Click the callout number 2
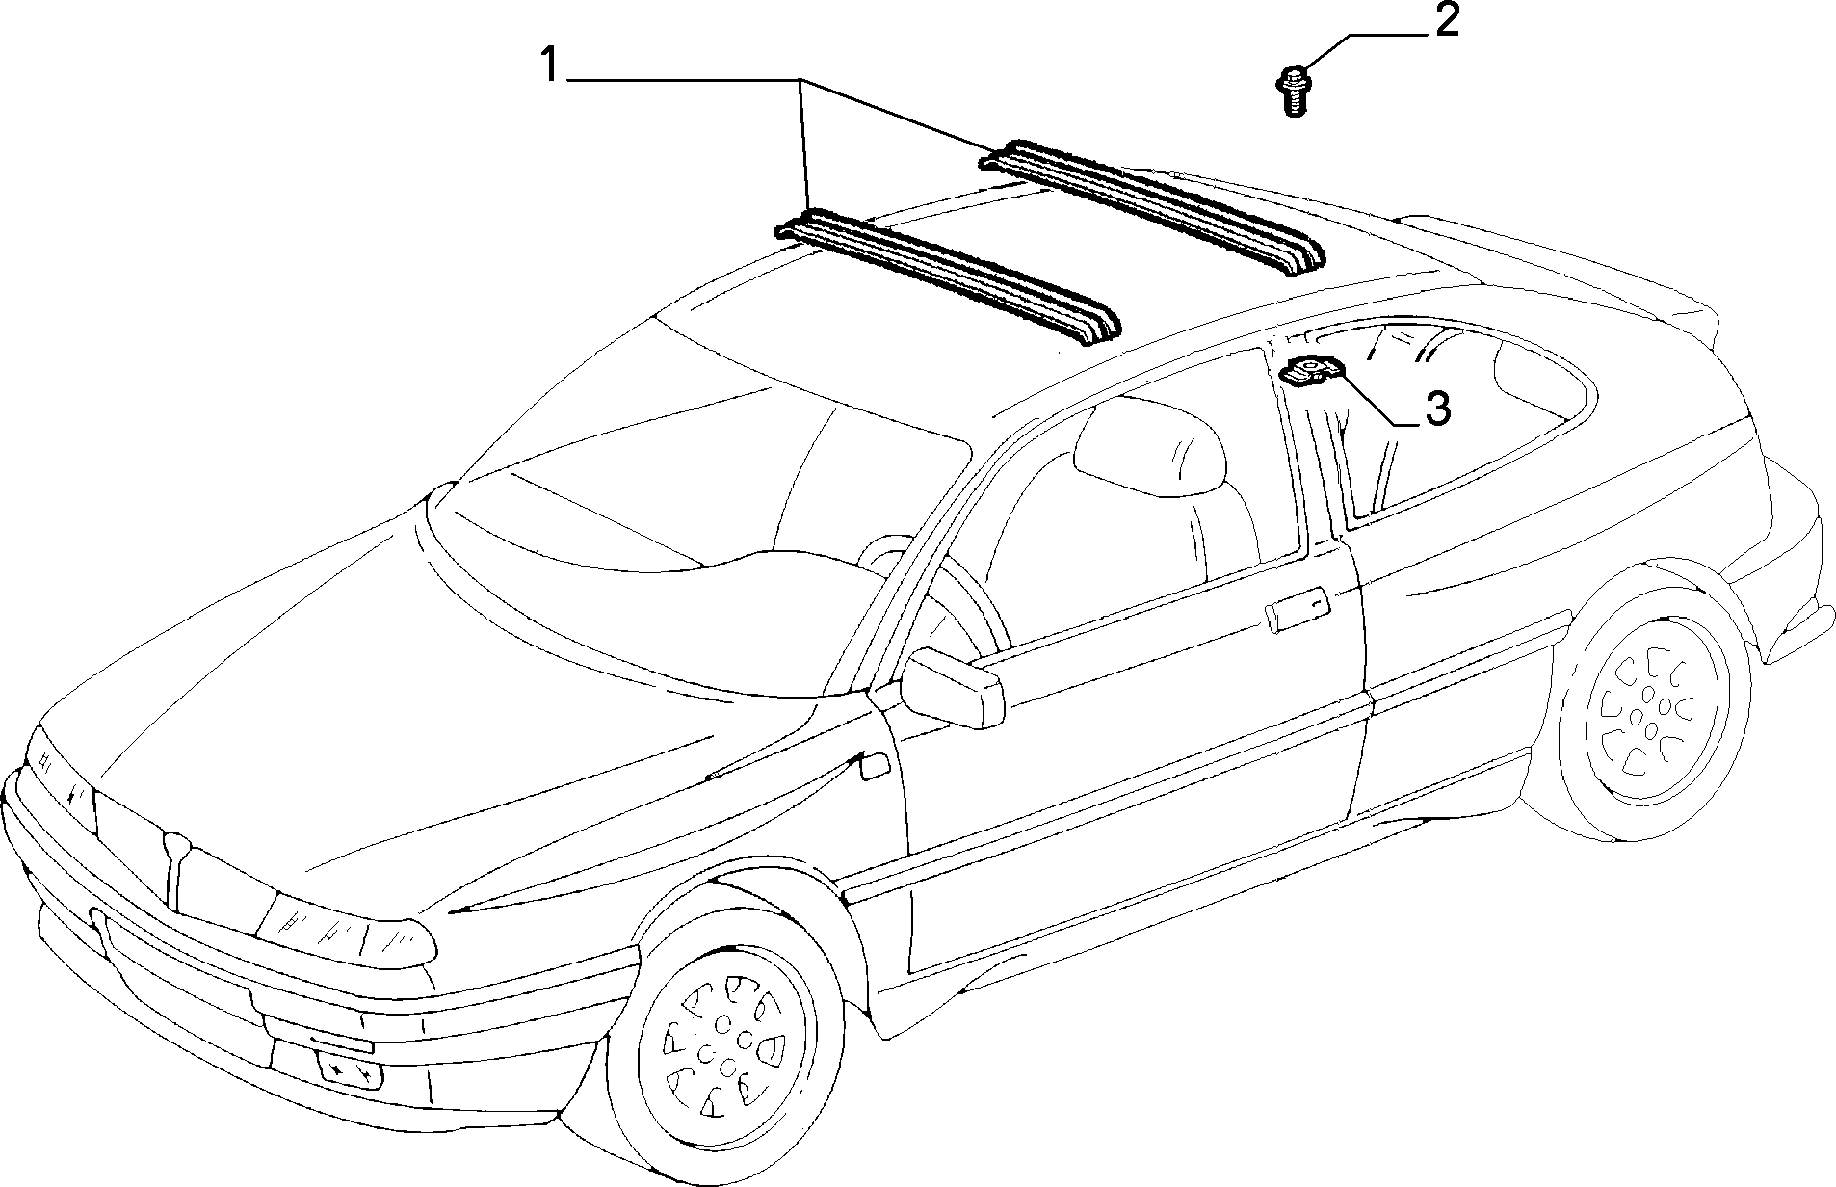(1446, 20)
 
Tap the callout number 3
(1436, 409)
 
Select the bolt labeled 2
(1293, 91)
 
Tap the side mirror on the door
(952, 687)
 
